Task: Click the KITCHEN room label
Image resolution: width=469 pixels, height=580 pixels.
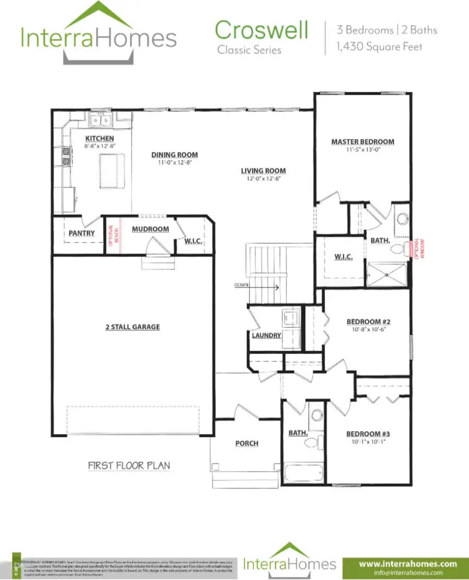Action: pyautogui.click(x=100, y=138)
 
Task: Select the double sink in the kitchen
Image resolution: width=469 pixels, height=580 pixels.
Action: pyautogui.click(x=101, y=121)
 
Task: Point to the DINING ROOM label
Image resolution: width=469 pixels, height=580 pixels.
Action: pyautogui.click(x=175, y=155)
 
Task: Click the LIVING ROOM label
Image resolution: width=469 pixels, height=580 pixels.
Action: pyautogui.click(x=263, y=171)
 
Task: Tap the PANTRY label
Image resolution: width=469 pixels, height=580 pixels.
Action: pyautogui.click(x=82, y=233)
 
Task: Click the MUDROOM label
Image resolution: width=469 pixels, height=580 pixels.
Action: pyautogui.click(x=150, y=229)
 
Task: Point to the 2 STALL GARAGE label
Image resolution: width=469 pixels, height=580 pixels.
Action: pyautogui.click(x=132, y=327)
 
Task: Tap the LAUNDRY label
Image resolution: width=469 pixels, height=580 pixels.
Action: pyautogui.click(x=266, y=335)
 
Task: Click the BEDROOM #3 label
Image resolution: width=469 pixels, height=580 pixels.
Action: pyautogui.click(x=368, y=434)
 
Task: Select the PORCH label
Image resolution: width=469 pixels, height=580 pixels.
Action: pyautogui.click(x=246, y=443)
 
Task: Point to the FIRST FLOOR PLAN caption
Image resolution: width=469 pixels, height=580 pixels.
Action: pyautogui.click(x=129, y=465)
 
